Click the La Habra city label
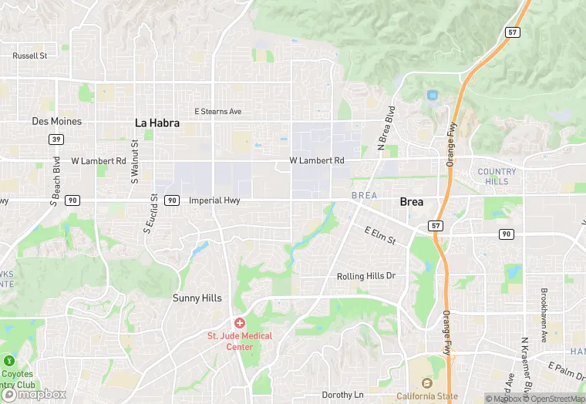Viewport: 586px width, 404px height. click(x=157, y=122)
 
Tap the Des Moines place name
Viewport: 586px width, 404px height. click(x=56, y=122)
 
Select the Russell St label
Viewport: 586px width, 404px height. click(x=30, y=56)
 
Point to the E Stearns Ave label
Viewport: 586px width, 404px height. click(x=217, y=112)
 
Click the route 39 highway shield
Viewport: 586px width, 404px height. click(x=56, y=139)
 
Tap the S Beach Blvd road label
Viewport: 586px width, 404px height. click(x=56, y=183)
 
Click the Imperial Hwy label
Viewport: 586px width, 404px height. click(x=214, y=200)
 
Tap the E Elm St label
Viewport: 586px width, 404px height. click(x=380, y=235)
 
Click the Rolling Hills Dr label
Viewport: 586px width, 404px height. click(x=365, y=276)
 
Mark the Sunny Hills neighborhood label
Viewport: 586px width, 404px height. click(x=197, y=298)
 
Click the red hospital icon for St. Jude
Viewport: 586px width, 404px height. click(x=240, y=322)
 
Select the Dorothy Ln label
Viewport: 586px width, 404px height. click(x=342, y=395)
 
